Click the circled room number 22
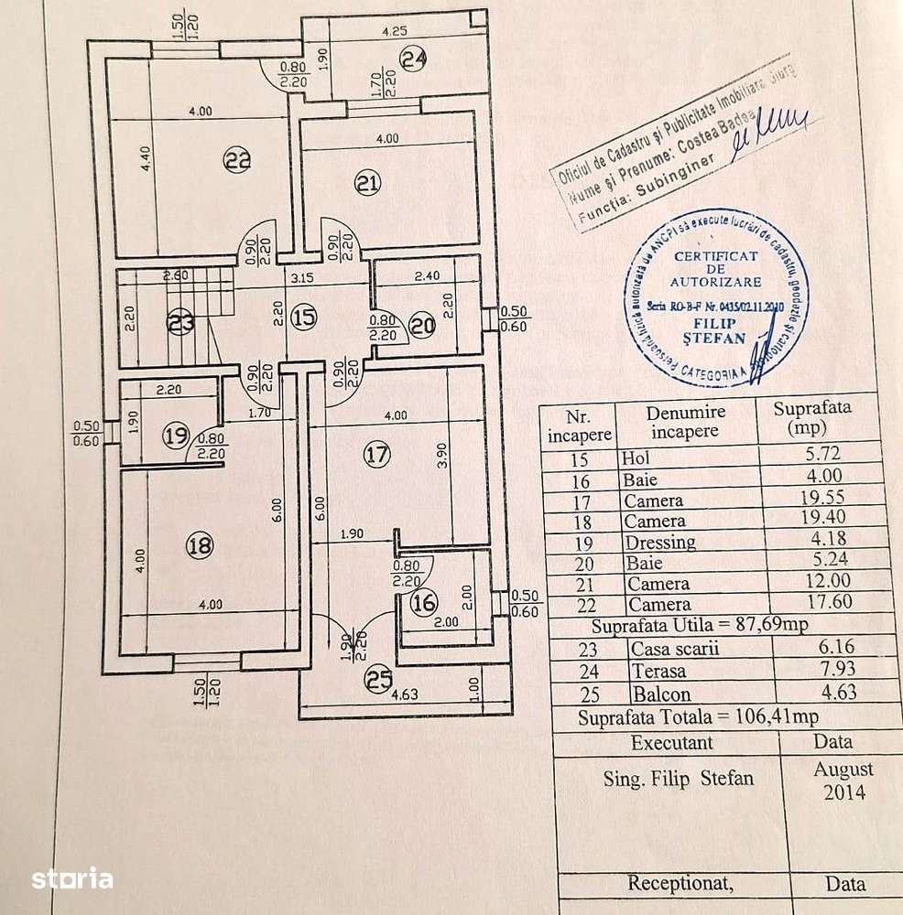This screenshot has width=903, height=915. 237,161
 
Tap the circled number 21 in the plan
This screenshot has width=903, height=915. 367,184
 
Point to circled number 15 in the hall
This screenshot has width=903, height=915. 303,318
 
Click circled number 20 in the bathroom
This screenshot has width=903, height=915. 422,325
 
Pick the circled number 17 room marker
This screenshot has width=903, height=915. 377,454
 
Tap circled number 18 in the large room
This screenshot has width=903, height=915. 200,546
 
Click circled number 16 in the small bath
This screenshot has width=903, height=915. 424,602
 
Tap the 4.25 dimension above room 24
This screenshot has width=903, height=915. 395,31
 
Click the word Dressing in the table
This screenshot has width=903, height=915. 658,543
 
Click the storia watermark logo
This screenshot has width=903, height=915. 72,879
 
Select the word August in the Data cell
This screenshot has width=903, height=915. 843,770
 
